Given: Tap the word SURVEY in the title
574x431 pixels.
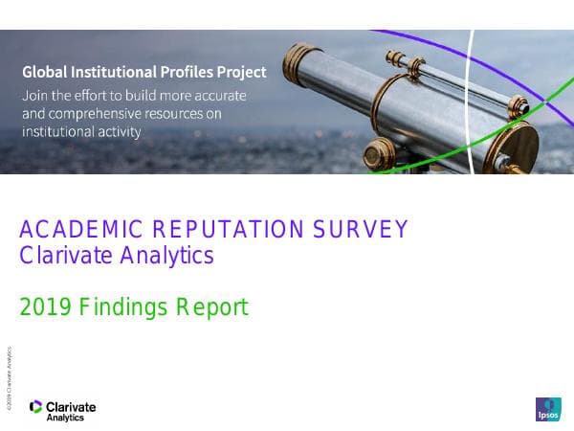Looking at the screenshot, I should (361, 230).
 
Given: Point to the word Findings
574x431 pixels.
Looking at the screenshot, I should (124, 307).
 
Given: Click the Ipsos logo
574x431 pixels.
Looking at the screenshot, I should (548, 409).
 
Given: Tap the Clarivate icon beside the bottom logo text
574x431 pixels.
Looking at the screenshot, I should (36, 408).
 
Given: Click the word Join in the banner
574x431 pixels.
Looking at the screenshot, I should (34, 95).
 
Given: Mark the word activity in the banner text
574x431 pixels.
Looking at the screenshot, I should (117, 132).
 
